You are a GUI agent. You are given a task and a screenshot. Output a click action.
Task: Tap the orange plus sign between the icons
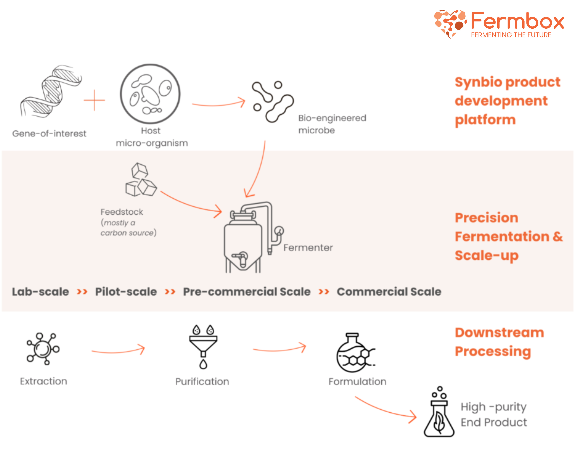coord(94,100)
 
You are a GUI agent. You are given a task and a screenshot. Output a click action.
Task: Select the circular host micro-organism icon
coord(150,94)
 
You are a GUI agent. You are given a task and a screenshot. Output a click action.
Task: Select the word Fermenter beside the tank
coord(308,248)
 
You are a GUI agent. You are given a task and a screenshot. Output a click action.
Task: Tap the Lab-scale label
coord(40,292)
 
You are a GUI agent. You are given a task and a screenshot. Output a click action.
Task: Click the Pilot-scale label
coord(126,292)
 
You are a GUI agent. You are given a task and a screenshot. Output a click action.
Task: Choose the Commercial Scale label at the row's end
coord(389,292)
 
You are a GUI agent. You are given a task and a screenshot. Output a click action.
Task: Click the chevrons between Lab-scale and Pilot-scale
coord(82,292)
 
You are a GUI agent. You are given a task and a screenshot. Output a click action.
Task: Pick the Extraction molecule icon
coord(43,348)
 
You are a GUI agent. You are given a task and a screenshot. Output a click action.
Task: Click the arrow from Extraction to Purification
coord(118,351)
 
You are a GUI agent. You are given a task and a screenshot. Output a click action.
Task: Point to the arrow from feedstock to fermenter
coord(191,204)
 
